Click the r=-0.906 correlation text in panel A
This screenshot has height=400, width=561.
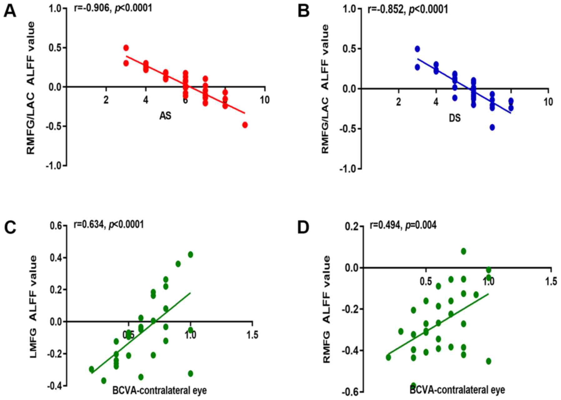tap(113, 7)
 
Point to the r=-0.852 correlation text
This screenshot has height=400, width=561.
tap(407, 9)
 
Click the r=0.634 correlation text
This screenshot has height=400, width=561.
tap(108, 224)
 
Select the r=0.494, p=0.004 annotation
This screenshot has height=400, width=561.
tap(403, 225)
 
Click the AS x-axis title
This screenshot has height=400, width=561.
tap(165, 116)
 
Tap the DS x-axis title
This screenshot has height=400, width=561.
tap(454, 118)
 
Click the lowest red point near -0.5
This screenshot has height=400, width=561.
tap(245, 125)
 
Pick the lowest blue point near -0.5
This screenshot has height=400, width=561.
tap(492, 127)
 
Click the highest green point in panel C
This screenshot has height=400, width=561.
tap(190, 254)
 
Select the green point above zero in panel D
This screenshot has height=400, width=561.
tap(463, 251)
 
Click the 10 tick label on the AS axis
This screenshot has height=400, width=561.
tap(265, 100)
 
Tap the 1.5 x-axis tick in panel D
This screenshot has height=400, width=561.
tap(551, 282)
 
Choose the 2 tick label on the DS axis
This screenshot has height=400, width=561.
tap(398, 102)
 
